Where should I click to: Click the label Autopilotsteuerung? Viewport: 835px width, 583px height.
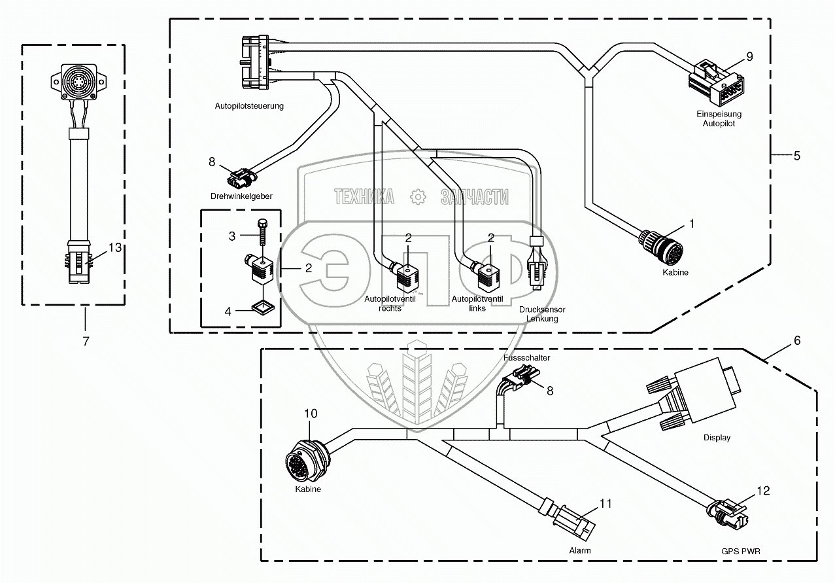249,106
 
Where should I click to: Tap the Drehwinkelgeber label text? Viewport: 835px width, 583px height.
241,196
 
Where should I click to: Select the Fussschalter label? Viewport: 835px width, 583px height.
527,358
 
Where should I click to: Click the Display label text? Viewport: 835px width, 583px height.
717,438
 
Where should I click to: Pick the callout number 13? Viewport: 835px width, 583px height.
115,247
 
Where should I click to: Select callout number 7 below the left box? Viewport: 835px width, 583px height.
86,342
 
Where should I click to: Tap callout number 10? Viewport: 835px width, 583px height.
311,414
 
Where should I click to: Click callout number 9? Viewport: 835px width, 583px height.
749,57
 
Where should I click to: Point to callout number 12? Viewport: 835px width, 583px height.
763,491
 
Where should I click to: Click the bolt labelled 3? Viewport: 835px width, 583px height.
262,232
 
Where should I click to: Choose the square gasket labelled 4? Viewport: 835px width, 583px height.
263,308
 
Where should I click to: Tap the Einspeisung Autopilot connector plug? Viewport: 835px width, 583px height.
716,83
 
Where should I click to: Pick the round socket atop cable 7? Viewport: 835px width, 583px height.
78,82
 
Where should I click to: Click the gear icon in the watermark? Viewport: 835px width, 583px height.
418,197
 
